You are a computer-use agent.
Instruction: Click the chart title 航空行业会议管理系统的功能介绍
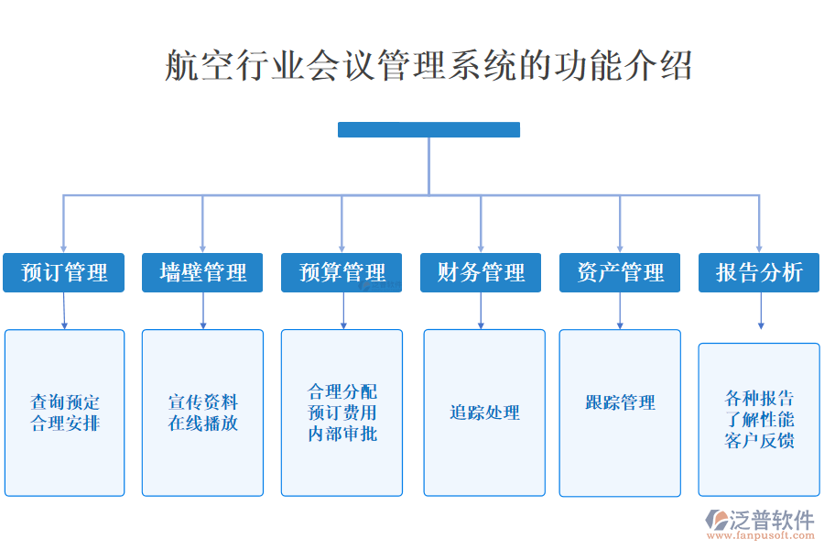click(x=428, y=66)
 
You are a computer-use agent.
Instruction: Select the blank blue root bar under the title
click(x=428, y=129)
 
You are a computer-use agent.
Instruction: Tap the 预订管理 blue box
click(x=64, y=272)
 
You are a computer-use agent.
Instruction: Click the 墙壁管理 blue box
click(x=202, y=272)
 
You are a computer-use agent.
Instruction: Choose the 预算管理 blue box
click(x=342, y=272)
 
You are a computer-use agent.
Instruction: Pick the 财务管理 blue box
click(x=481, y=272)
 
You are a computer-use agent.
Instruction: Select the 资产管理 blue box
click(x=620, y=272)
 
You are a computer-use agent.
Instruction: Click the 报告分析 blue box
click(x=759, y=272)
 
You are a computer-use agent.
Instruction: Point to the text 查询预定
click(x=65, y=402)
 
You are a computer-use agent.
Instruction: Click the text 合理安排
click(x=65, y=423)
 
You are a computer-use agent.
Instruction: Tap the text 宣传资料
click(x=202, y=402)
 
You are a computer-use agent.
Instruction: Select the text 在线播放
click(x=202, y=423)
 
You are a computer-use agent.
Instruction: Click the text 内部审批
click(x=342, y=434)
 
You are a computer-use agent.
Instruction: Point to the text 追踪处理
click(x=484, y=413)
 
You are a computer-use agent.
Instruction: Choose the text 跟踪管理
click(x=620, y=402)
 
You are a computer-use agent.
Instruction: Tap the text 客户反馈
click(x=759, y=441)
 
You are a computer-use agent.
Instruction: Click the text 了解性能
click(x=759, y=420)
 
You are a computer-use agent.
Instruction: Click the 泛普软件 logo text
click(x=771, y=520)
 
